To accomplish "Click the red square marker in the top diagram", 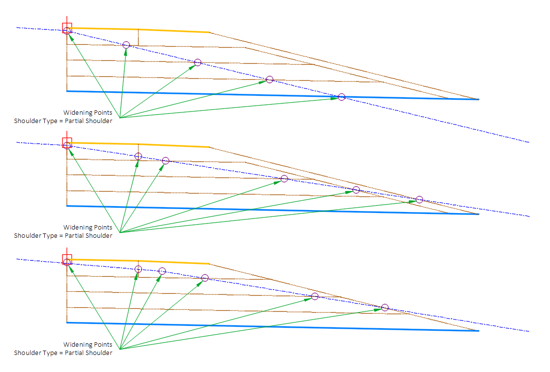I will click(x=67, y=27).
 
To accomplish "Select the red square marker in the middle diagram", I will click(x=67, y=142).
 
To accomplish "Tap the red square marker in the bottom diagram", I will click(x=67, y=259).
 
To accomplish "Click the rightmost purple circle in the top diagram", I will click(x=341, y=97).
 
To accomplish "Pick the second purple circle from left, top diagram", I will click(x=126, y=45).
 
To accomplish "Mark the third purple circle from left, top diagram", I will click(x=197, y=62).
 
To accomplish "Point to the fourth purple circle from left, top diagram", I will click(x=269, y=79).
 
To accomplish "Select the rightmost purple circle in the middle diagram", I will click(x=419, y=199).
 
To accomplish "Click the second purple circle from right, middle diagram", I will click(x=356, y=190).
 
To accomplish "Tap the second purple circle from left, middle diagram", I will click(x=138, y=156).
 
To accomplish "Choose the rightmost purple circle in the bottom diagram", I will click(x=385, y=307).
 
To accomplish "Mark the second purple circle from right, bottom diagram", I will click(x=315, y=296).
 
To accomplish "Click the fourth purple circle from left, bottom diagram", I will click(x=205, y=278).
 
